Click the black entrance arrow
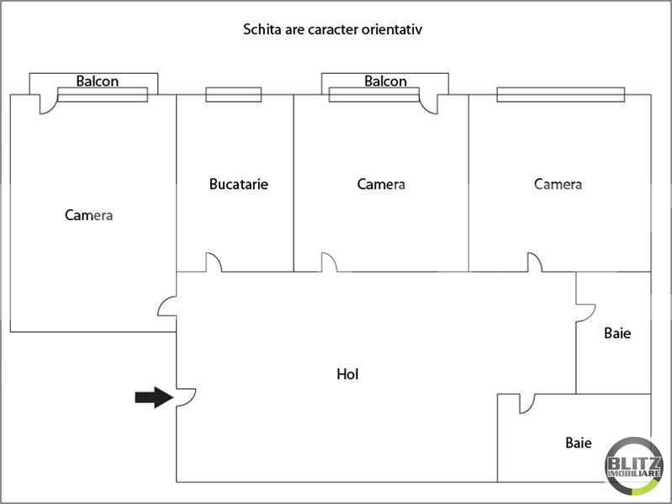point(154,397)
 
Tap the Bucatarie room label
point(239,184)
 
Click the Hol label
point(347,375)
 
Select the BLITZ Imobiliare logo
point(634,466)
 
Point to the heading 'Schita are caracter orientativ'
point(332,29)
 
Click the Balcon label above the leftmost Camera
point(98,81)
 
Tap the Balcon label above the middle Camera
point(385,81)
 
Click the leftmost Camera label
point(88,215)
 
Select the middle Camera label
point(381,184)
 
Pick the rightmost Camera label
point(558,184)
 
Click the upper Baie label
point(617,333)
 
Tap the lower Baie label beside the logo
point(579,443)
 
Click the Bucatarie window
point(234,95)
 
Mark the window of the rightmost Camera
point(561,95)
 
